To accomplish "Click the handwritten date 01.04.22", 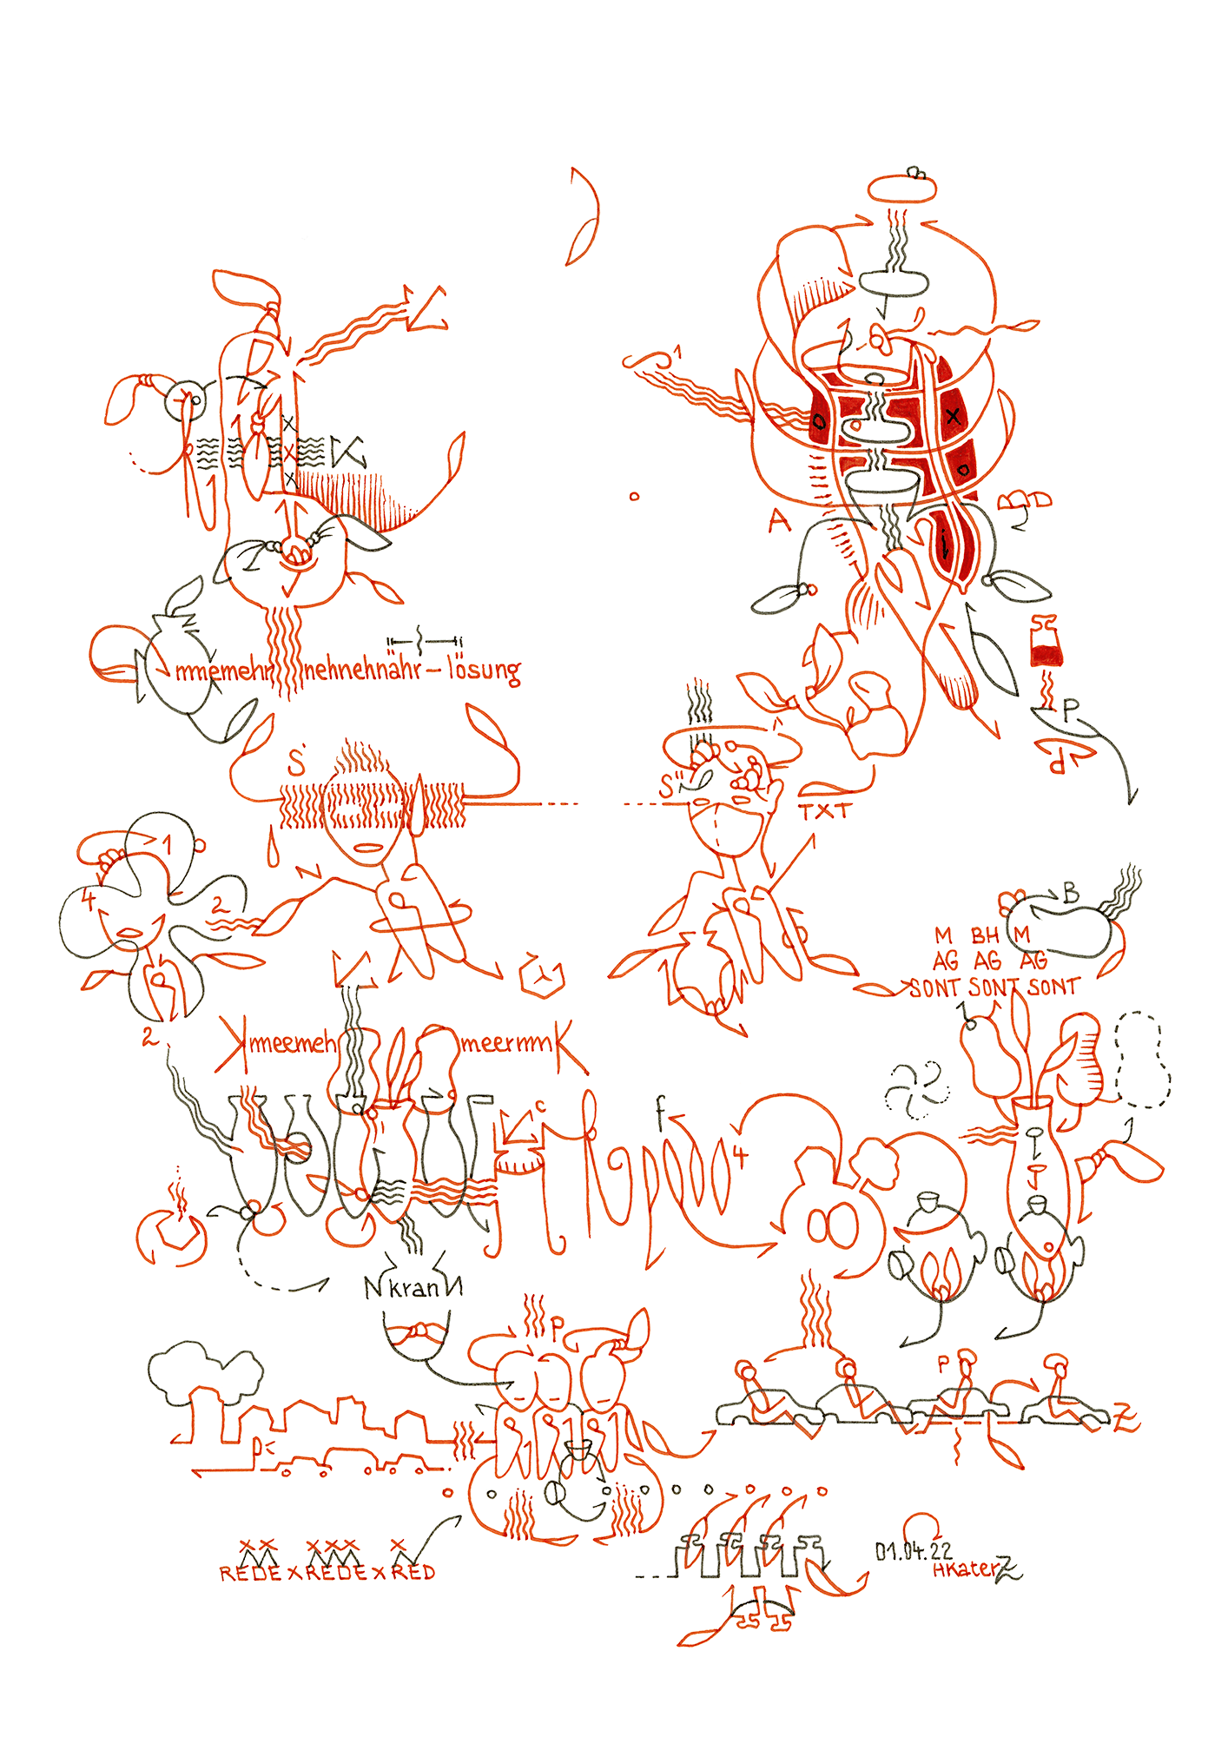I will tap(913, 1550).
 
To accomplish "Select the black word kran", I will tap(413, 1288).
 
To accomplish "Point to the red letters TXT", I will tap(825, 812).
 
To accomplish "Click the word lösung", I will tap(484, 670).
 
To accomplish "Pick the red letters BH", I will tap(985, 935).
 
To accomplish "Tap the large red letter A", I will tap(780, 521).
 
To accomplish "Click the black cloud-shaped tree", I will tap(204, 1372).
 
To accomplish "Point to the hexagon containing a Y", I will tap(542, 978).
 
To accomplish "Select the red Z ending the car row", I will tap(1126, 1421).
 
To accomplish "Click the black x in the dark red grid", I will tap(954, 416).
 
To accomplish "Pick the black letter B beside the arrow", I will tap(1071, 893).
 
